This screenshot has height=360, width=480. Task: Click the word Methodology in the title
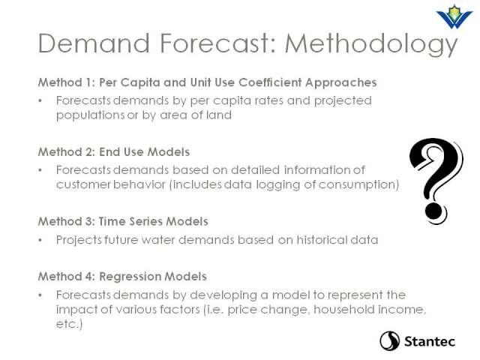371,44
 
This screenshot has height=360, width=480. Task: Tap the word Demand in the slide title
94,43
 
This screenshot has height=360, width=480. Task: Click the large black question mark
436,181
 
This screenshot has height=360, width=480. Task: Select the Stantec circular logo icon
390,340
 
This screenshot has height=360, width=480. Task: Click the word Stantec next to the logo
430,341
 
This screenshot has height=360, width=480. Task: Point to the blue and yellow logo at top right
454,17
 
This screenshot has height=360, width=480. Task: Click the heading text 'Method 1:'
67,82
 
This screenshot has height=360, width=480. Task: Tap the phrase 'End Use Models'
144,151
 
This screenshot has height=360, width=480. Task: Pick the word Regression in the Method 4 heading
130,277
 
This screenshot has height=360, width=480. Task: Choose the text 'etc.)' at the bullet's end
69,324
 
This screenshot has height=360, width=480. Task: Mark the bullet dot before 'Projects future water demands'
40,240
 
